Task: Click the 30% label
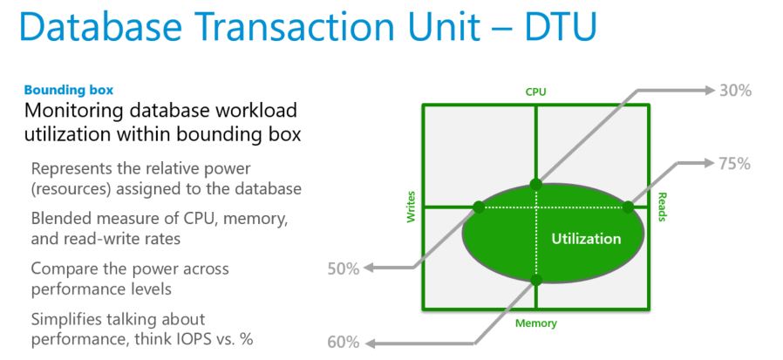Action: [x=733, y=89]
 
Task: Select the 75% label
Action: [x=733, y=164]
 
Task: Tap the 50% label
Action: [x=344, y=268]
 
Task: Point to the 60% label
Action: [x=344, y=342]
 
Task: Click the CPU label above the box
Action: [x=535, y=92]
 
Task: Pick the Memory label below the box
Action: [x=535, y=323]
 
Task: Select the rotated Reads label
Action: [x=662, y=207]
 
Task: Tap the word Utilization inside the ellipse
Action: [x=586, y=239]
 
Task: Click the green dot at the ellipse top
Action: [x=536, y=184]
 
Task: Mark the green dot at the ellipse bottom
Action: [x=536, y=280]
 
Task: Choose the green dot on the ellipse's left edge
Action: [x=478, y=207]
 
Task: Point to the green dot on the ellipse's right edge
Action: [x=627, y=207]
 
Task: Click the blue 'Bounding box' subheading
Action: [x=68, y=90]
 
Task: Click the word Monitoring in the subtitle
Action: [x=76, y=112]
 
